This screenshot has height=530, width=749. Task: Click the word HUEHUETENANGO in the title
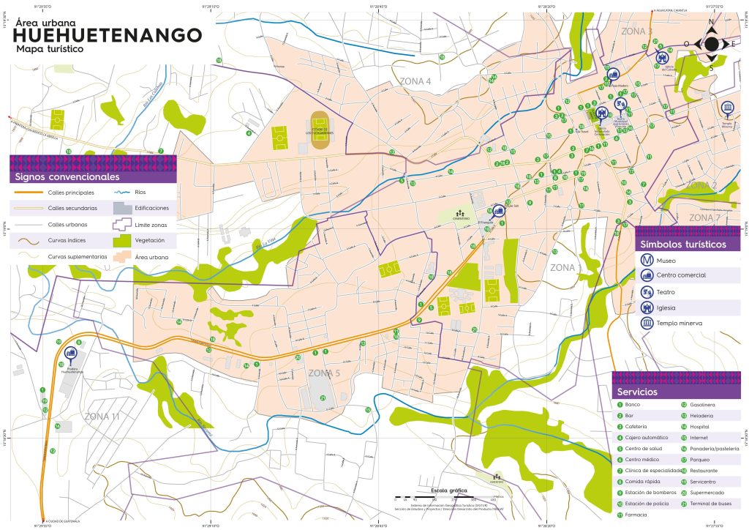tap(108, 35)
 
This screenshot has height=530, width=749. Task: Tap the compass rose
tap(711, 45)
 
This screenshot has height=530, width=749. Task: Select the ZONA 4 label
tap(415, 81)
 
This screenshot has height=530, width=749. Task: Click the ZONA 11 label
tap(102, 417)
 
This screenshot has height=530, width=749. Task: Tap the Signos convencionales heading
tap(66, 177)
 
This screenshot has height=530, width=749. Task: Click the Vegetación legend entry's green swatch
tap(123, 240)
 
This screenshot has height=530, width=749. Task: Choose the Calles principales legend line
tap(29, 193)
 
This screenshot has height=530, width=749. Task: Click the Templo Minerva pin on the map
tap(727, 108)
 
